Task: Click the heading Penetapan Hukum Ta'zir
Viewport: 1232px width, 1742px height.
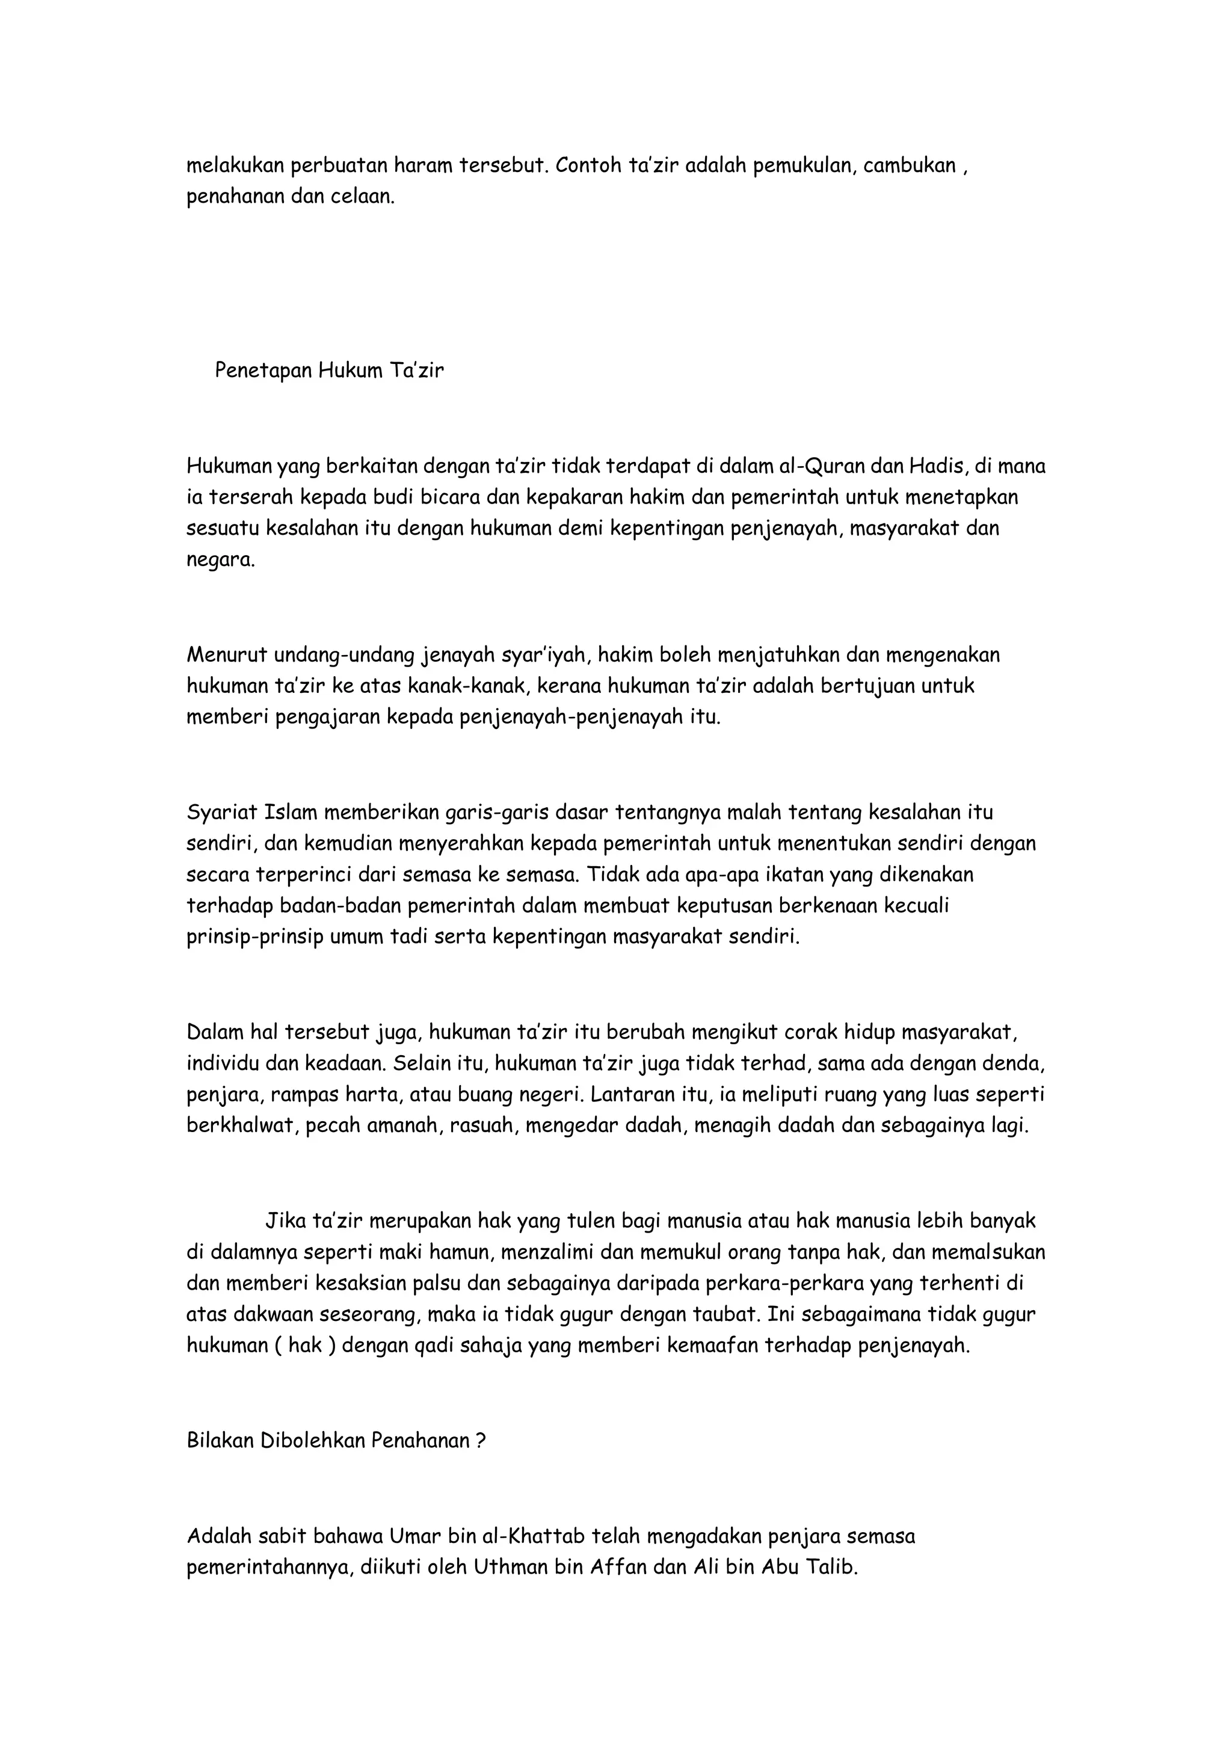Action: click(x=329, y=371)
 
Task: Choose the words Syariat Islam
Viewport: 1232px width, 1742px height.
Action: click(x=250, y=812)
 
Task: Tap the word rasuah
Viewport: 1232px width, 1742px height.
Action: click(x=482, y=1126)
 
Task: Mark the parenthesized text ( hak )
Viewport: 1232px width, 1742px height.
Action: click(x=306, y=1346)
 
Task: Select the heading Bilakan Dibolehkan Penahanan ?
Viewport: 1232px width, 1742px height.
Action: click(x=336, y=1441)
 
